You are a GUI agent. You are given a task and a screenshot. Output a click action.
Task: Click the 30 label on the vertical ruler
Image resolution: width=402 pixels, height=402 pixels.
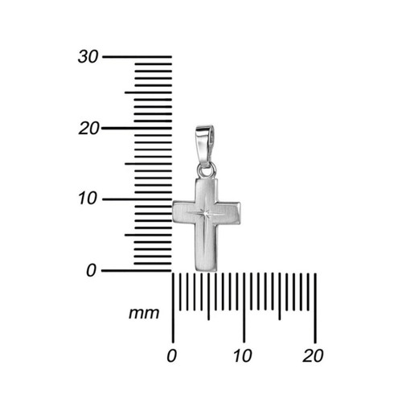tap(88, 57)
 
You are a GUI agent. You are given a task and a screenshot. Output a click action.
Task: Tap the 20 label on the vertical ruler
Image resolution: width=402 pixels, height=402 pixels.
tap(88, 129)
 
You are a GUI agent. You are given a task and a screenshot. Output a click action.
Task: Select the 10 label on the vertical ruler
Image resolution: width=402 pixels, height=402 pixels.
tap(88, 199)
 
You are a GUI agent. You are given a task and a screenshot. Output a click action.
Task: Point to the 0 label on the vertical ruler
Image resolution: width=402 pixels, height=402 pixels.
tap(91, 270)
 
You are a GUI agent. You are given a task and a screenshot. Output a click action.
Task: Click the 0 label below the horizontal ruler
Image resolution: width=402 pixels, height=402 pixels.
tap(171, 355)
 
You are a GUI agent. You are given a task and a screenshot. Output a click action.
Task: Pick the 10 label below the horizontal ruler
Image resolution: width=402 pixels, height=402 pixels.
tap(243, 355)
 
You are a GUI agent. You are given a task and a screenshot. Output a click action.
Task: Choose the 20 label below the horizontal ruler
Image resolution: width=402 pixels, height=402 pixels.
tap(313, 355)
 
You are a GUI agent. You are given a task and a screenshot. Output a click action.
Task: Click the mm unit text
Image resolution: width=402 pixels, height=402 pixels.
tap(144, 314)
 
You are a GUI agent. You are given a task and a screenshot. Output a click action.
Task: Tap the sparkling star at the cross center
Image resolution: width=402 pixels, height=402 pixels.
tap(206, 214)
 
